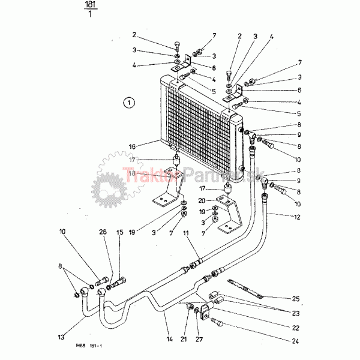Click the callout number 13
pos(61,337)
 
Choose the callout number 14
pos(170,340)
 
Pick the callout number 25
pos(296,299)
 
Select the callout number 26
pos(103,232)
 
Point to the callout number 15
pos(119,232)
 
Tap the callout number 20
pos(203,200)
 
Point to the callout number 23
pos(295,313)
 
